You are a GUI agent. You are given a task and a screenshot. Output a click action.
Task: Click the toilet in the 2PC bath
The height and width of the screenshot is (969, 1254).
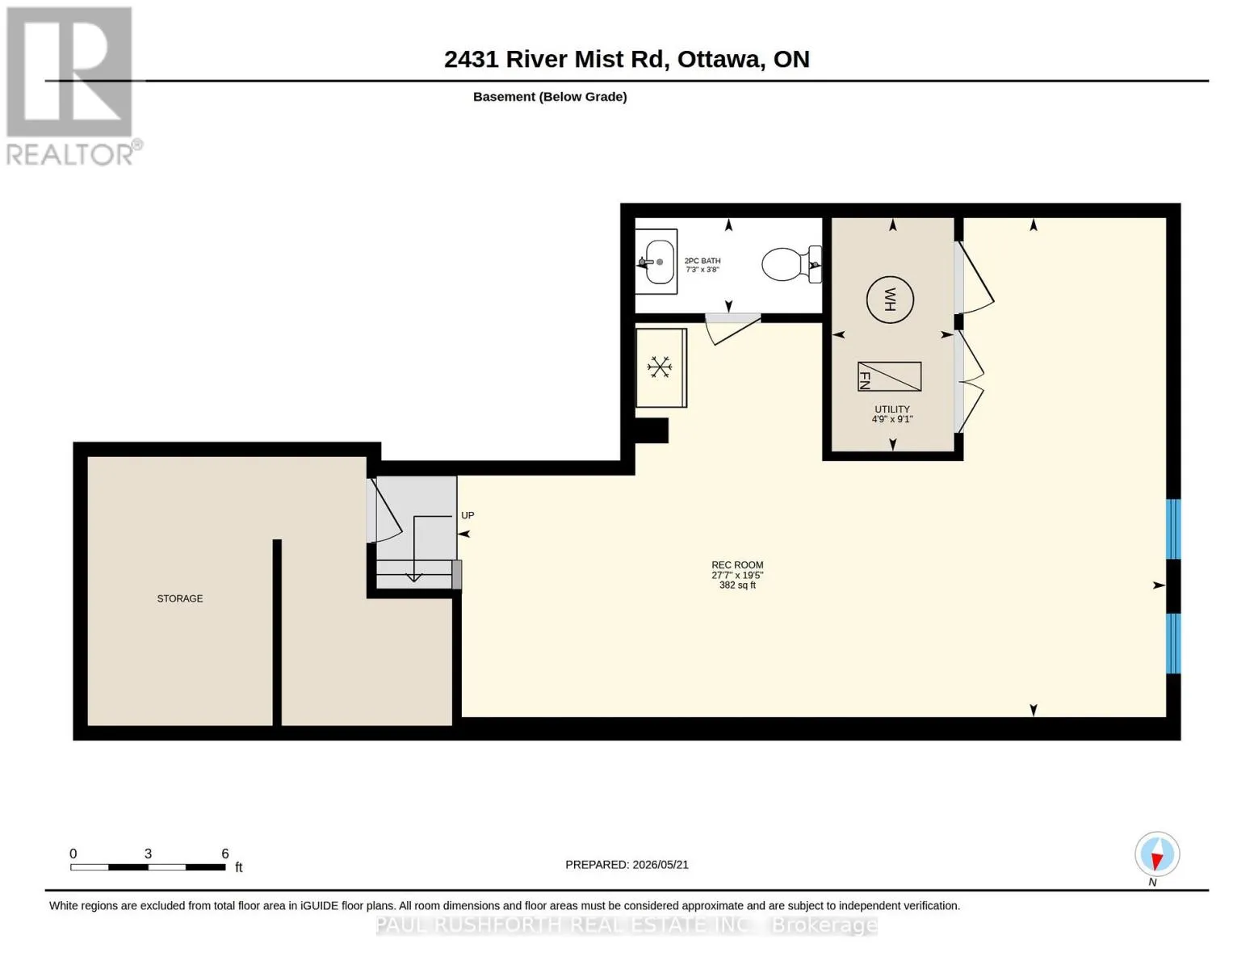[791, 264]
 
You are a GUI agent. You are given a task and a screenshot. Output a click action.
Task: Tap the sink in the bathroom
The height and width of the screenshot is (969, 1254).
[656, 262]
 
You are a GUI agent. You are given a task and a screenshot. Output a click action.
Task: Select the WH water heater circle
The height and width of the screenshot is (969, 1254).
[890, 300]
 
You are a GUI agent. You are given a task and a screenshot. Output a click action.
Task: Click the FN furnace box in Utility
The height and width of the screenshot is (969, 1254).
[889, 376]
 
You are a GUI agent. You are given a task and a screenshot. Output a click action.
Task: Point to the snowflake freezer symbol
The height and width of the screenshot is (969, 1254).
[659, 367]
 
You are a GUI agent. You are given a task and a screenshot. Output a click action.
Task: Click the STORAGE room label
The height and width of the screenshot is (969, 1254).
[180, 598]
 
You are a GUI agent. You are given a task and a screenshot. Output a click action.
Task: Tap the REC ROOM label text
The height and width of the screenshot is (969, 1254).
[737, 565]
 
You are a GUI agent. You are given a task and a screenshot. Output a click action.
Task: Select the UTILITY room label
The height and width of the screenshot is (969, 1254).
[892, 409]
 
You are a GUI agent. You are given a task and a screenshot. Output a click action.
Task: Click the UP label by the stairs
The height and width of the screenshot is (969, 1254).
[468, 515]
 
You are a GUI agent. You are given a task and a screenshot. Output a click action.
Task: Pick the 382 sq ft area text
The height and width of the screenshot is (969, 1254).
[737, 585]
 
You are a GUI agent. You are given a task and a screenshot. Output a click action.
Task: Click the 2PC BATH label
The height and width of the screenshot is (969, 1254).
[702, 261]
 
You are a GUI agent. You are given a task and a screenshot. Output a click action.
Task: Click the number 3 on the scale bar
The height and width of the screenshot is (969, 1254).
[149, 854]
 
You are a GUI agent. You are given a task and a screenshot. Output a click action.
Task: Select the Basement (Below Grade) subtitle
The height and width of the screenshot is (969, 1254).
[550, 97]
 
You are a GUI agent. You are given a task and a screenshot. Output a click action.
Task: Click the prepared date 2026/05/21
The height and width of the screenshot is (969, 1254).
[661, 865]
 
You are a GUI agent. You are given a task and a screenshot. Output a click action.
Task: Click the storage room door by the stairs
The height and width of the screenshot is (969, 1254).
[384, 510]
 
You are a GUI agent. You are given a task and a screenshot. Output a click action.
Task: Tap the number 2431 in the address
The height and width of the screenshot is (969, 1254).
[471, 60]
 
